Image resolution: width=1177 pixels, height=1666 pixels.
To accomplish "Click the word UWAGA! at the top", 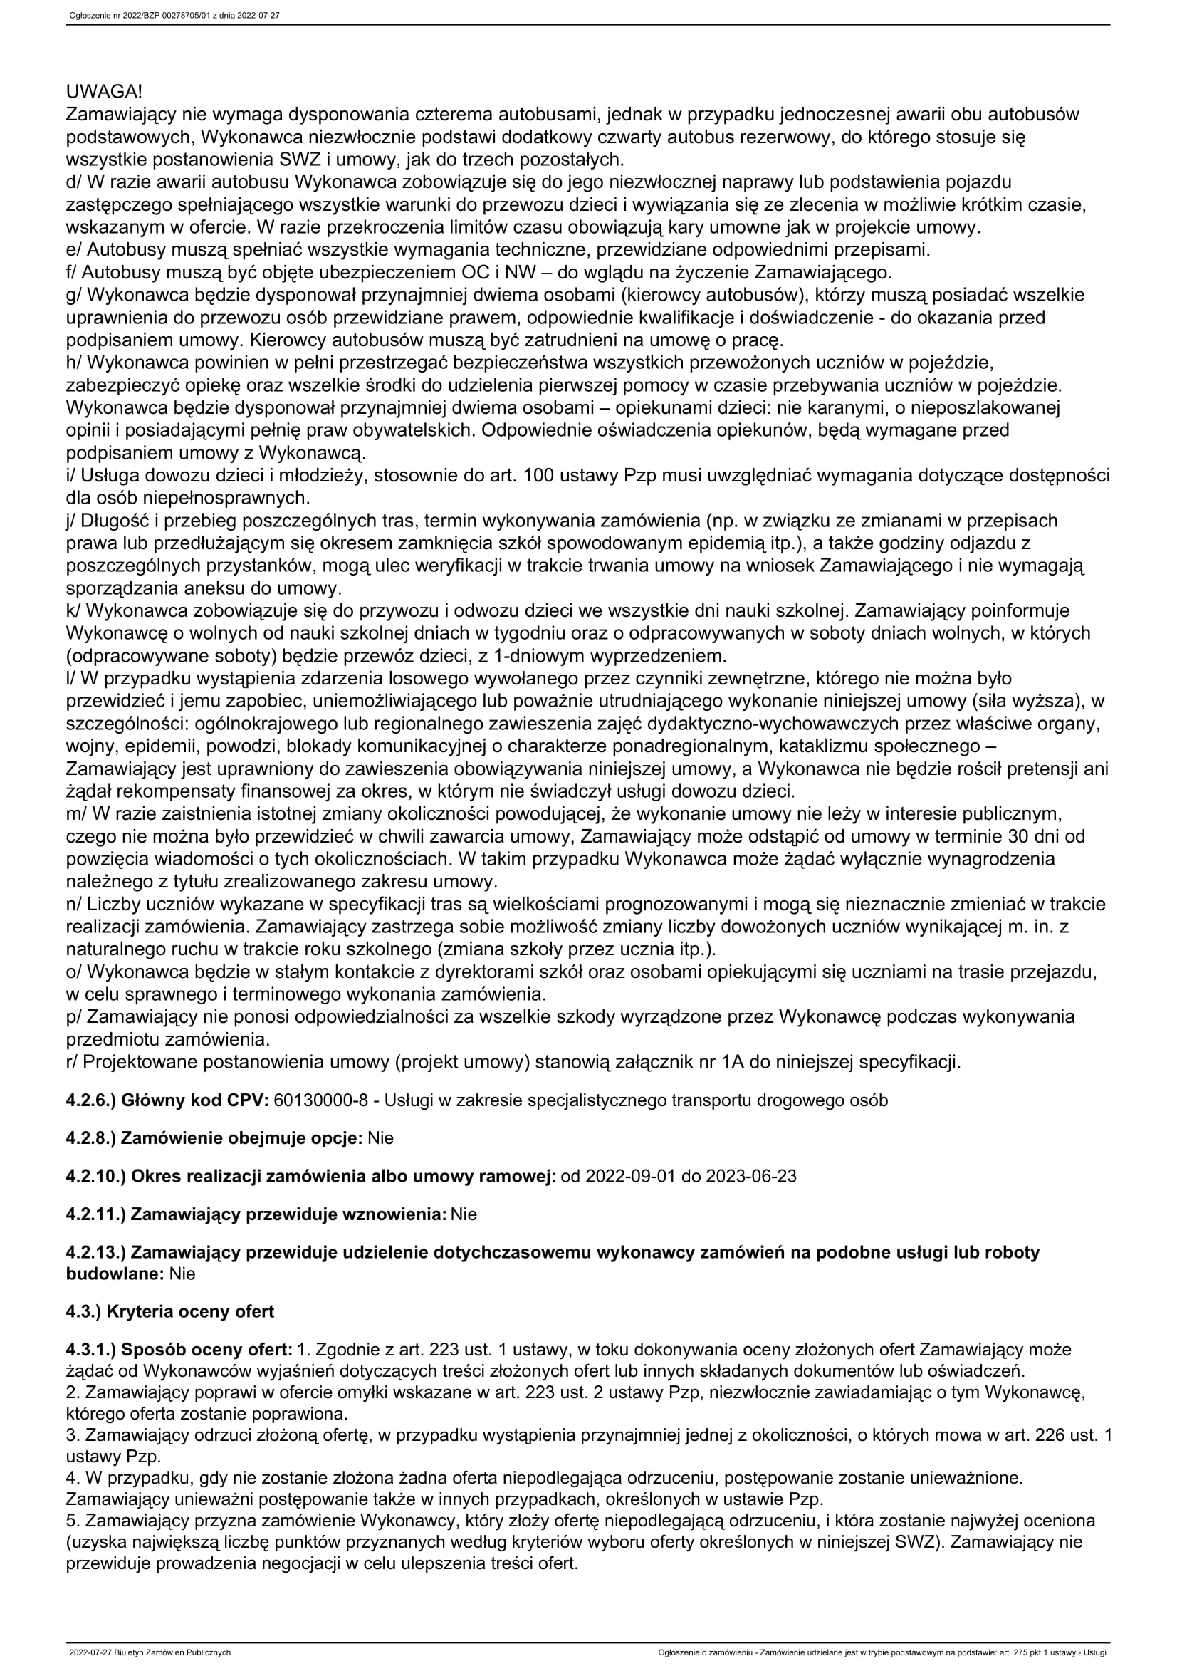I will pyautogui.click(x=104, y=92).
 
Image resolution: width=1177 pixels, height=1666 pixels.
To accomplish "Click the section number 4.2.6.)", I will pyautogui.click(x=90, y=1100).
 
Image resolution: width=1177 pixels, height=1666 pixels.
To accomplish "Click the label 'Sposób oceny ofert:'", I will pyautogui.click(x=206, y=1350).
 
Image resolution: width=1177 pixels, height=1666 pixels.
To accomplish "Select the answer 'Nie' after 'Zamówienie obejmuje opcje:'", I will pyautogui.click(x=381, y=1137).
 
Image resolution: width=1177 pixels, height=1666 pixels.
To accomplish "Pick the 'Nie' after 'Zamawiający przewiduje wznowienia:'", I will pyautogui.click(x=464, y=1213).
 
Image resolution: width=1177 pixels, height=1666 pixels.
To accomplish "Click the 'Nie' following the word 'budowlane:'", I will pyautogui.click(x=182, y=1273).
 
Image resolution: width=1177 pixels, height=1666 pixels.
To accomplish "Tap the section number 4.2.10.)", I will pyautogui.click(x=95, y=1175).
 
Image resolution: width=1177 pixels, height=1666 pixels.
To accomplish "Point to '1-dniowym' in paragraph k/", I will pyautogui.click(x=520, y=656).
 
